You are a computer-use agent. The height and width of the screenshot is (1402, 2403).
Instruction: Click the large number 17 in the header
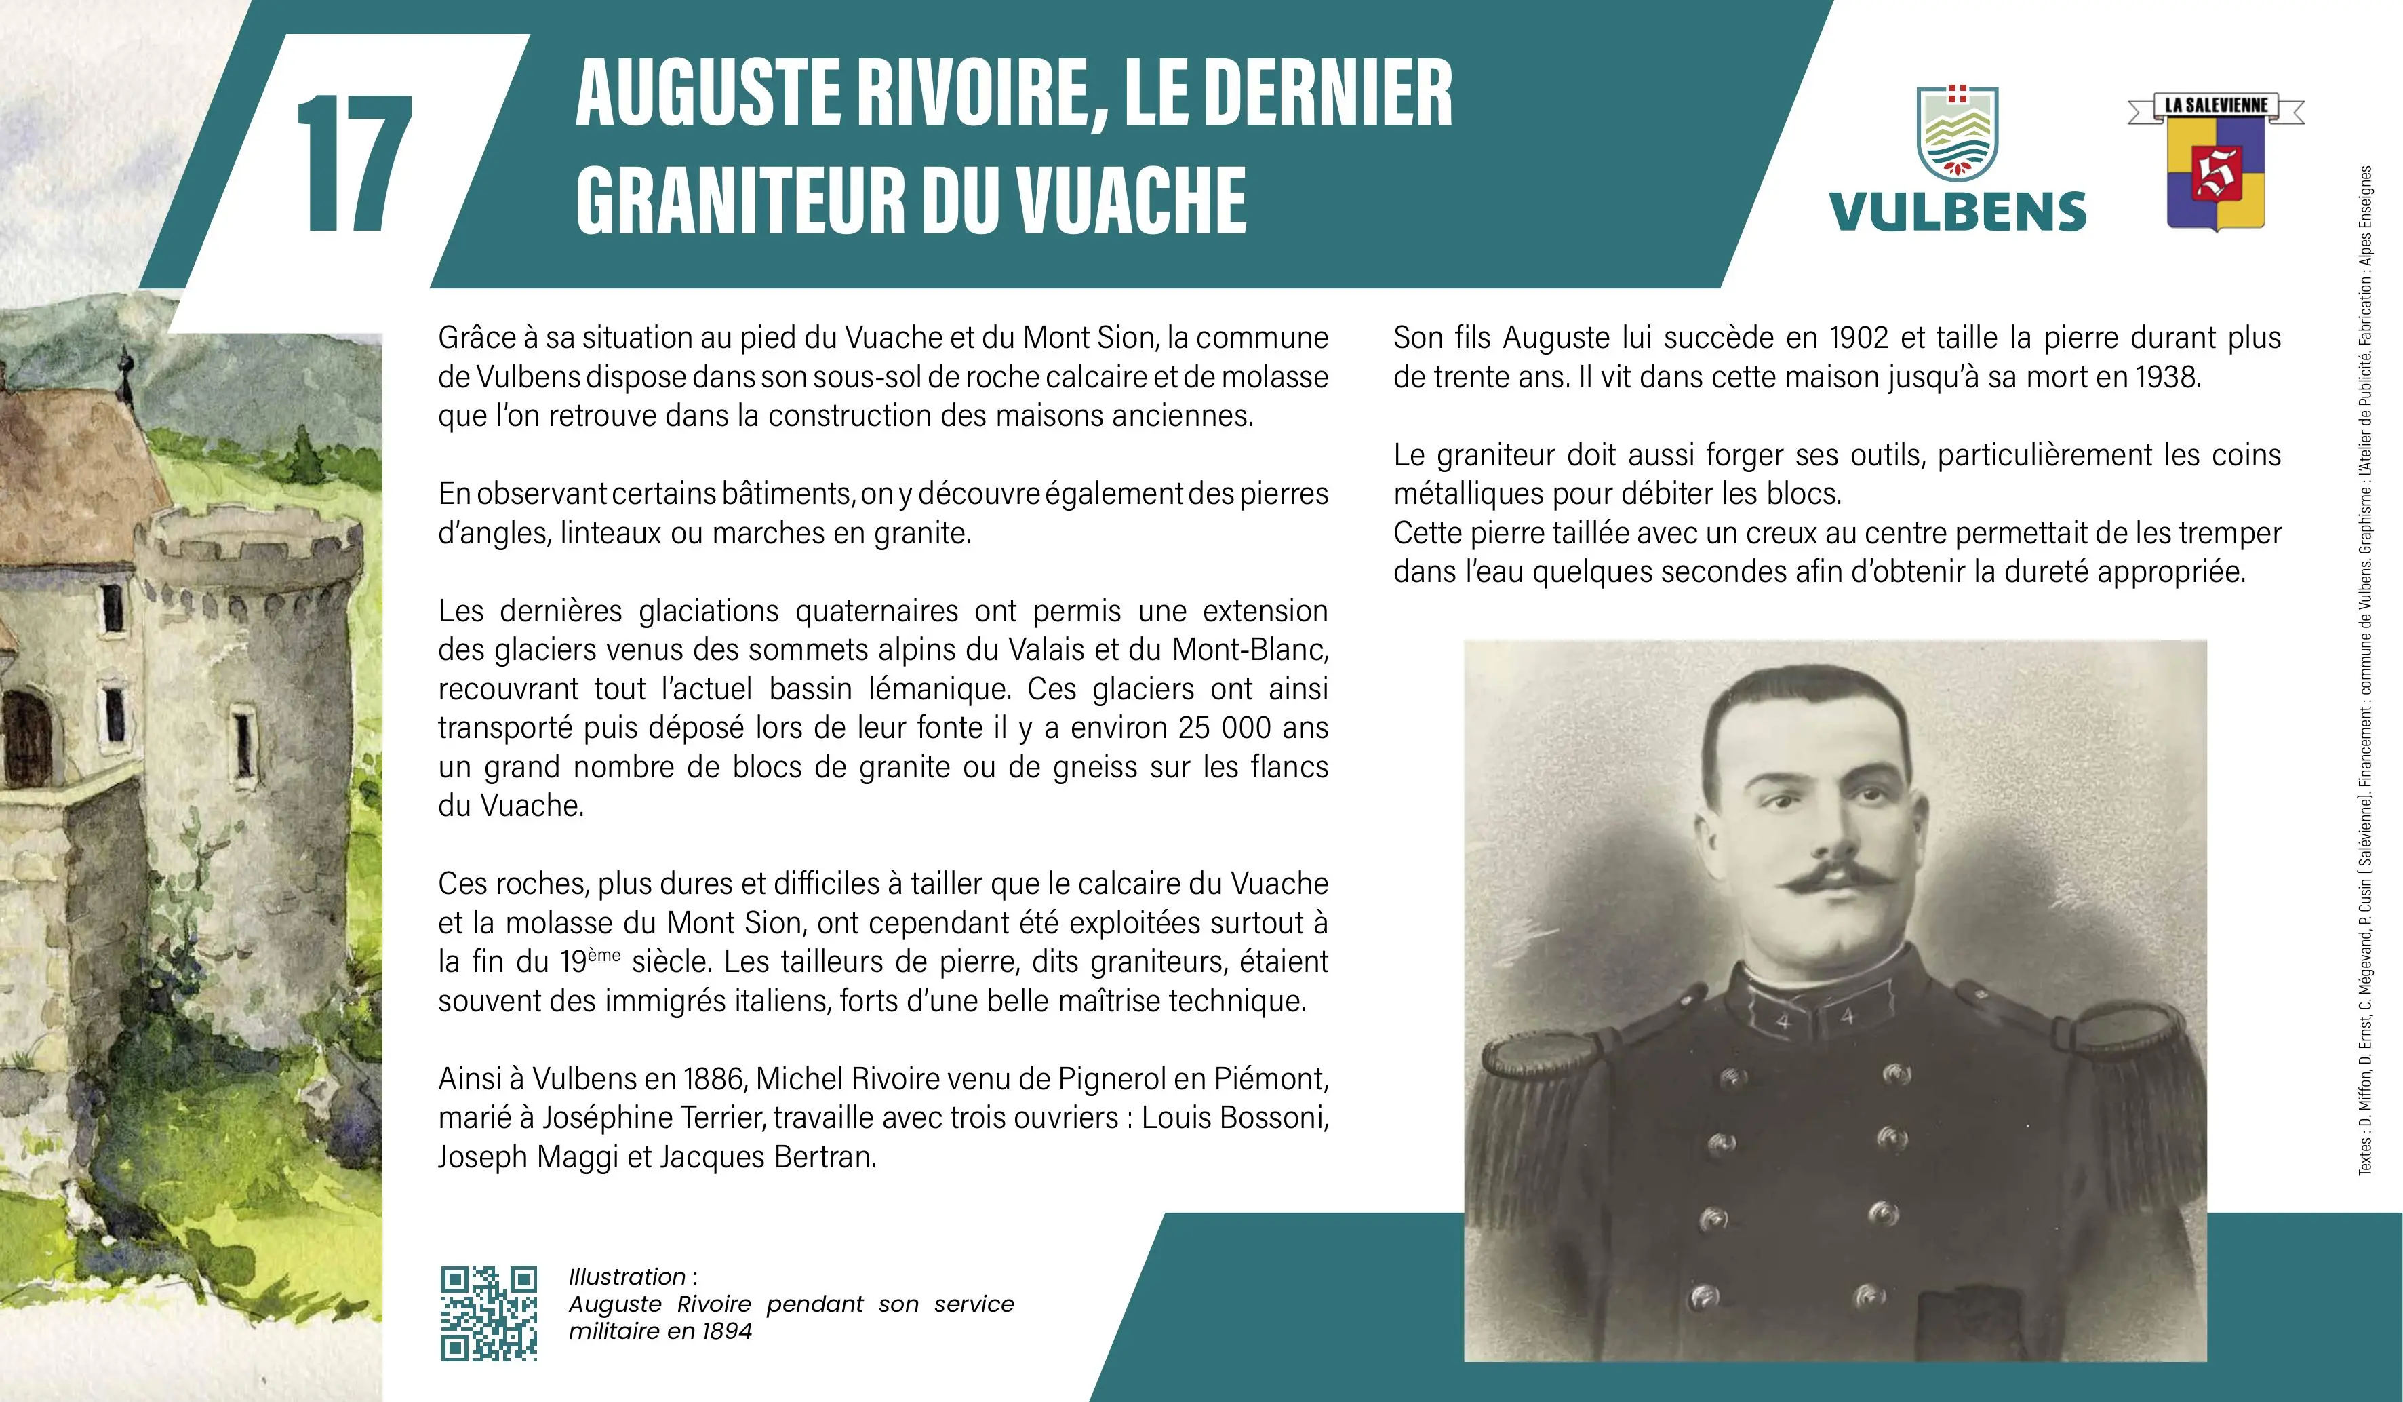[355, 164]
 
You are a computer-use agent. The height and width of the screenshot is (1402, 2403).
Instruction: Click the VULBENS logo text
[1957, 212]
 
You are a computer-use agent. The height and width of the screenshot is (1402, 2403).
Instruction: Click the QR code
[488, 1312]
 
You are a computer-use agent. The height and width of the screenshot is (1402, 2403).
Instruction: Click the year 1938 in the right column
[2164, 378]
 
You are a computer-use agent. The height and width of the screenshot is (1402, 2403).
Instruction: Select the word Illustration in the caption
[627, 1277]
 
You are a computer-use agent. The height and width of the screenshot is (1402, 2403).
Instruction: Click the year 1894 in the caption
[727, 1331]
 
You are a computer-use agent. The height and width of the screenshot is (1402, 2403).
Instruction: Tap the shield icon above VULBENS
[1957, 134]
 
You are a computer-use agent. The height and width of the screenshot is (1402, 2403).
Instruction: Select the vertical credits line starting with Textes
[2366, 667]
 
